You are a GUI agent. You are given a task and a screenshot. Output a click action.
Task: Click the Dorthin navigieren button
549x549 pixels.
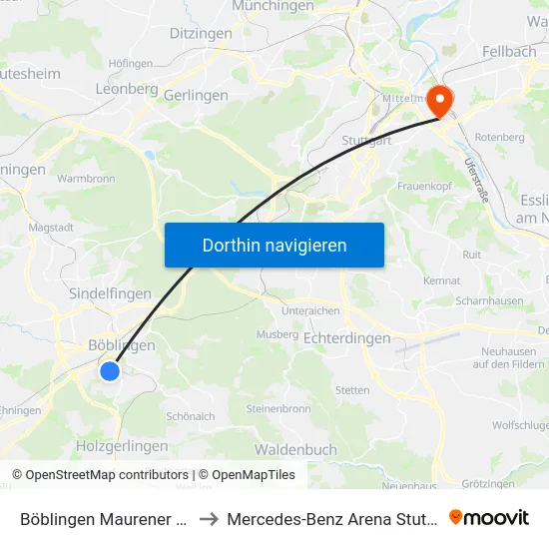(x=274, y=245)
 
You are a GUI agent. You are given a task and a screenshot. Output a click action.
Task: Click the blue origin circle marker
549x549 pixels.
(x=110, y=371)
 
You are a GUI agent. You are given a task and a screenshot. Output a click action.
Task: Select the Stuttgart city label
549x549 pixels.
(x=364, y=140)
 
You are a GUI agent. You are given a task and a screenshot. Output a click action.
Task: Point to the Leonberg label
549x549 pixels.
(x=127, y=89)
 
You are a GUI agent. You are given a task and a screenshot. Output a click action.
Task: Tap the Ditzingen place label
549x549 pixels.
(x=201, y=34)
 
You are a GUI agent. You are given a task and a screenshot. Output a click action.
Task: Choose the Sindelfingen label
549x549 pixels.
(x=110, y=293)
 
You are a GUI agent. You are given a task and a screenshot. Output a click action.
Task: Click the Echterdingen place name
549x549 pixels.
(x=346, y=338)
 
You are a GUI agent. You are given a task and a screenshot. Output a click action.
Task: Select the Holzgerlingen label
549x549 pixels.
(x=122, y=446)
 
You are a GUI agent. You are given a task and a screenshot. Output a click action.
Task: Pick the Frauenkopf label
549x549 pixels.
(x=426, y=186)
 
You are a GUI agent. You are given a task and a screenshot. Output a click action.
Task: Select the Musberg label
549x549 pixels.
(x=277, y=334)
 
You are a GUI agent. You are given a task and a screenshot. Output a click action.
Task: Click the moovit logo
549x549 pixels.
(x=488, y=517)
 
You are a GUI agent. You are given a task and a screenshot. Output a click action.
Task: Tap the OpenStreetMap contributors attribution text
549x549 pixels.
(x=107, y=475)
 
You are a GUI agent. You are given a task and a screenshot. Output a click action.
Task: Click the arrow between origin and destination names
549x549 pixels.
(x=210, y=519)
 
